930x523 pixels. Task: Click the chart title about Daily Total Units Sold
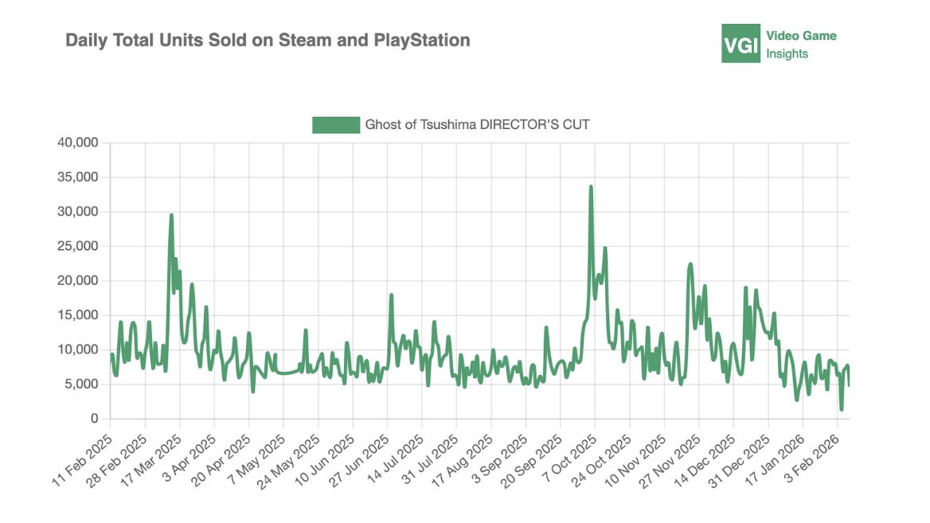click(x=268, y=40)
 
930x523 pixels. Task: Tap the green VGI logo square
click(x=740, y=43)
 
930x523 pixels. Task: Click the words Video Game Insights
click(x=801, y=45)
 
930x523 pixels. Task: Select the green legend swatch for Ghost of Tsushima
click(x=335, y=125)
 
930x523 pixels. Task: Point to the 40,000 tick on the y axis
click(x=78, y=143)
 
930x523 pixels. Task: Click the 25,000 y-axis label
click(x=78, y=247)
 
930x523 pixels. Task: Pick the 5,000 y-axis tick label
click(x=81, y=384)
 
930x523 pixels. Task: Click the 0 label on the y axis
click(x=94, y=419)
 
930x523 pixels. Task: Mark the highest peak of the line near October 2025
click(x=591, y=186)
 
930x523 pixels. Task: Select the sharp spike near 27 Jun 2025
click(x=392, y=295)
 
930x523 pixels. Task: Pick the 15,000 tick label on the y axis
click(x=78, y=315)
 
